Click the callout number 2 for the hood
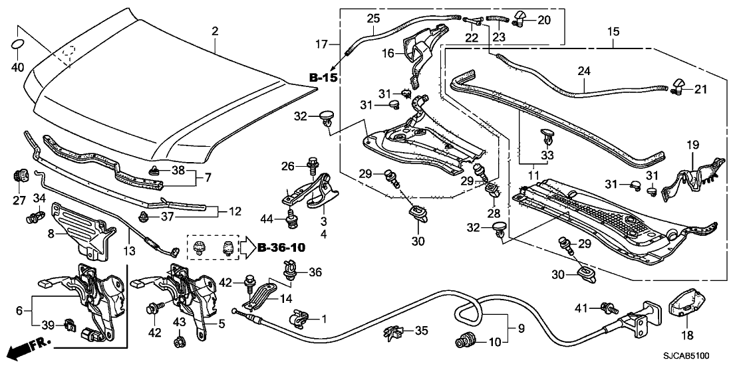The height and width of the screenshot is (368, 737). (215, 31)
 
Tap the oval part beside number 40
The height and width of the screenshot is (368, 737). (19, 44)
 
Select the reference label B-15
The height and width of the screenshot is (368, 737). (323, 78)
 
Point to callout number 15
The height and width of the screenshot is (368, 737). (613, 31)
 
